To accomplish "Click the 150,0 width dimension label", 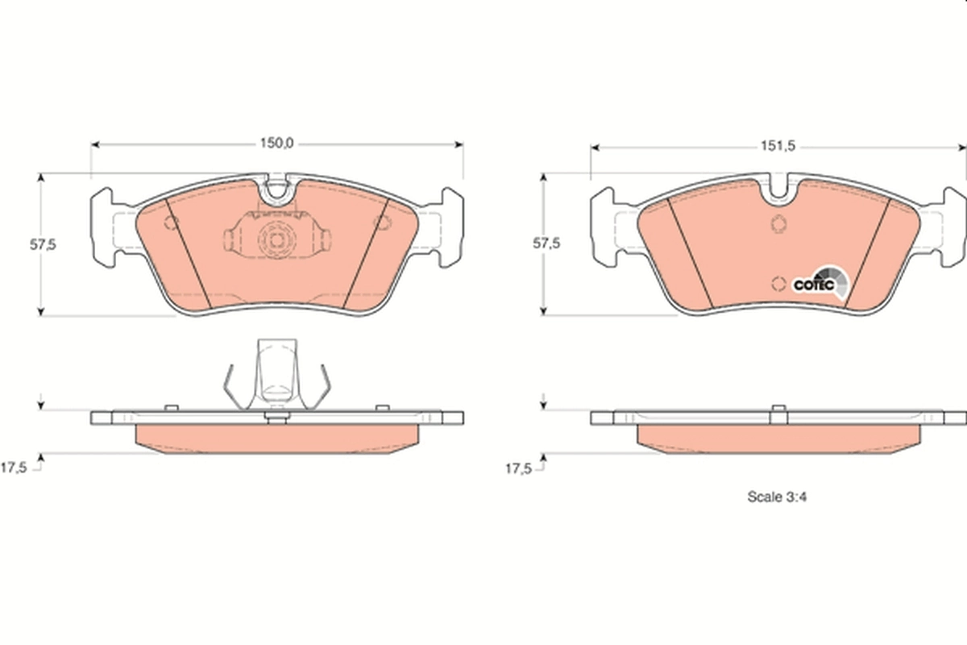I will pos(276,144).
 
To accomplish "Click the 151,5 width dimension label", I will pos(778,146).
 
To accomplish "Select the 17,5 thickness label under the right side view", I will pos(518,467).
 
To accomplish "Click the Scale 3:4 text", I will pos(777,497).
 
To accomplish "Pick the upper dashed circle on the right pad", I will pos(778,224).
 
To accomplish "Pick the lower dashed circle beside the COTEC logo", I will pos(778,283).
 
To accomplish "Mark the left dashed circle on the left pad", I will pos(171,223).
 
